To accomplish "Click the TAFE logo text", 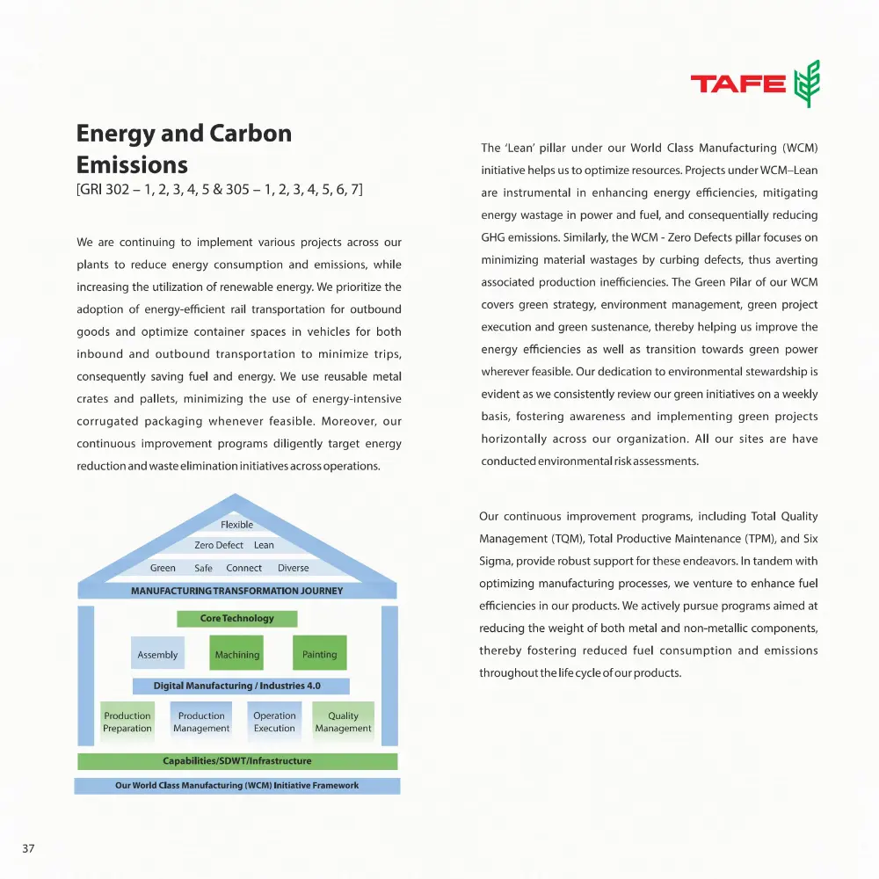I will [737, 84].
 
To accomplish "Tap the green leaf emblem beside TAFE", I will [806, 84].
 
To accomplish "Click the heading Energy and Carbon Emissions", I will [184, 149].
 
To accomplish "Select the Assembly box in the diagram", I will [157, 654].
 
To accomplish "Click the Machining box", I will [237, 654].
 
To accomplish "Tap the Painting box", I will [319, 654].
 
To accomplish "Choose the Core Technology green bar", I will [237, 618].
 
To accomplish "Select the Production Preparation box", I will [127, 722].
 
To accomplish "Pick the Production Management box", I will [201, 722].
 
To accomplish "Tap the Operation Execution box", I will [274, 722].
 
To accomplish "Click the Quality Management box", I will [343, 722].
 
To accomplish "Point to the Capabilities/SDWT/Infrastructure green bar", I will [237, 760].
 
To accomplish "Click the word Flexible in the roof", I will [236, 525].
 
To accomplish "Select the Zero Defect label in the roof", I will [219, 545].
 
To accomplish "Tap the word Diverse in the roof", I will [294, 568].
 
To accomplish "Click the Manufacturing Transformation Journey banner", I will [236, 591].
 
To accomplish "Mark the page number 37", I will [28, 848].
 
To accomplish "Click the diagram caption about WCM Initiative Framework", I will [237, 785].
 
